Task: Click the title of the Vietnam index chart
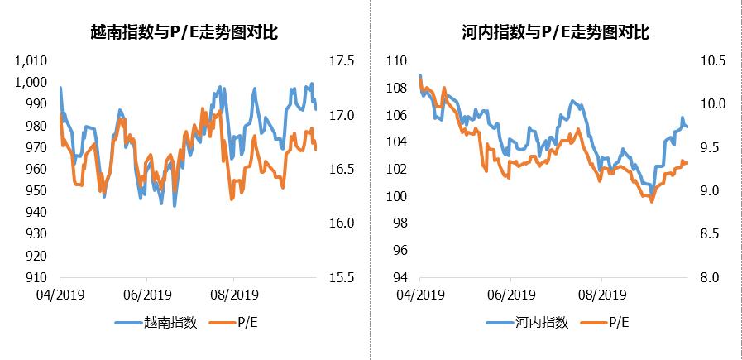pos(184,33)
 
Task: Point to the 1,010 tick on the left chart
pos(33,61)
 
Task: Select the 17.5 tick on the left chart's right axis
pos(341,61)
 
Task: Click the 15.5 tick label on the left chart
pos(341,278)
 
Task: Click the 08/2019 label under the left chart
pos(230,294)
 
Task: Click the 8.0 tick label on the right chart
pos(711,278)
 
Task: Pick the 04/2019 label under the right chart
pos(419,294)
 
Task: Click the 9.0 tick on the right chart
pos(711,191)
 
